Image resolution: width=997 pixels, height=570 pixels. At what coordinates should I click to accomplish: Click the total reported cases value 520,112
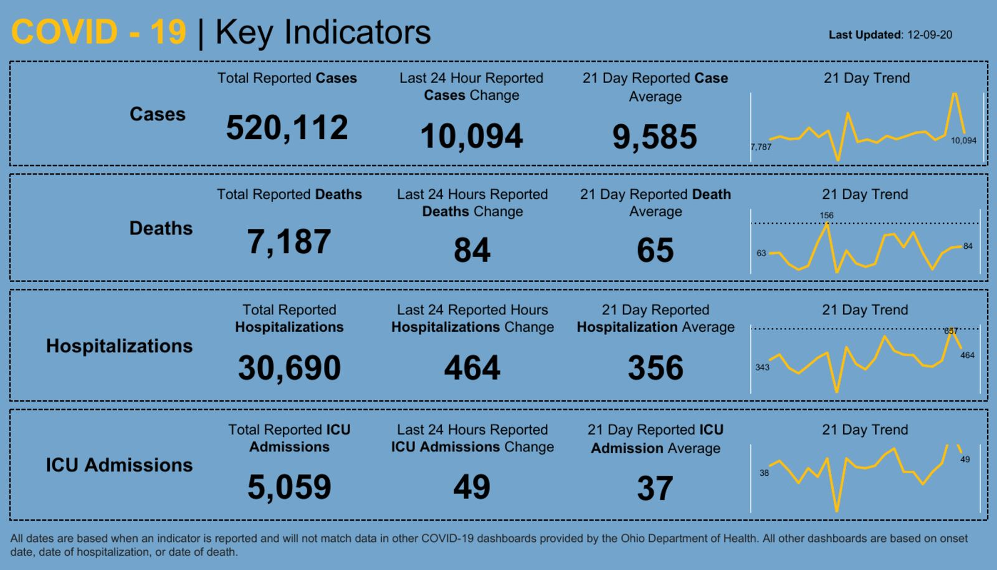coord(287,128)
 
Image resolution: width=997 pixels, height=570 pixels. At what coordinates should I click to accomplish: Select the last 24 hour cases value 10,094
coord(471,137)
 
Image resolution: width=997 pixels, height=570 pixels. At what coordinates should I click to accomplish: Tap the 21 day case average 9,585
coord(654,137)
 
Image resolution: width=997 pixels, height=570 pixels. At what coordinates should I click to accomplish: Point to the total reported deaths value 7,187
coord(289,242)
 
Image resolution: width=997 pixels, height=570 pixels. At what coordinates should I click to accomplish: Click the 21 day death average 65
coord(655,250)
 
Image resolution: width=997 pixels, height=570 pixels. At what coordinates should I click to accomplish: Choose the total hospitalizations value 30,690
coord(289,368)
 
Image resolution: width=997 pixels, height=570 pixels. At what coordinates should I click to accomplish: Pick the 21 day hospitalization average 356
coord(655,368)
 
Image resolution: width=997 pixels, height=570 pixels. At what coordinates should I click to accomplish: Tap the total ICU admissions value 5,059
coord(289,487)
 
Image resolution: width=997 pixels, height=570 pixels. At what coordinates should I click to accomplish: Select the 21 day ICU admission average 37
coord(655,488)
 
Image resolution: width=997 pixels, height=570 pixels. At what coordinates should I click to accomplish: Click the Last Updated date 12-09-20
coord(929,35)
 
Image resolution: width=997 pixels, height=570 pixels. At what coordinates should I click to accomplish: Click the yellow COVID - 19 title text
coord(98,32)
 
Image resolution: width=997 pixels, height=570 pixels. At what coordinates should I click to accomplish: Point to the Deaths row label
coord(161,228)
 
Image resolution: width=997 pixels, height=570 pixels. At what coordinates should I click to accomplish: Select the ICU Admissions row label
coord(119,465)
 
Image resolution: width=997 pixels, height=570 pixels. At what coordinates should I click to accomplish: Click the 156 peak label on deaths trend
coord(826,215)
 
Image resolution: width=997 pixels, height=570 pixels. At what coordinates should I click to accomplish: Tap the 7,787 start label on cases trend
coord(761,147)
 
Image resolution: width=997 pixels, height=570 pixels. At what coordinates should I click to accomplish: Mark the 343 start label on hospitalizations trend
coord(762,367)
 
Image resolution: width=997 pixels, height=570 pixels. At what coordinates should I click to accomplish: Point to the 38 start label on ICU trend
coord(764,473)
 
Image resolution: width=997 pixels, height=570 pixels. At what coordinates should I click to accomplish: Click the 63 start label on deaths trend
coord(761,253)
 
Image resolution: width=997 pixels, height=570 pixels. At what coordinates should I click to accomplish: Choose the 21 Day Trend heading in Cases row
coord(866,78)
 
